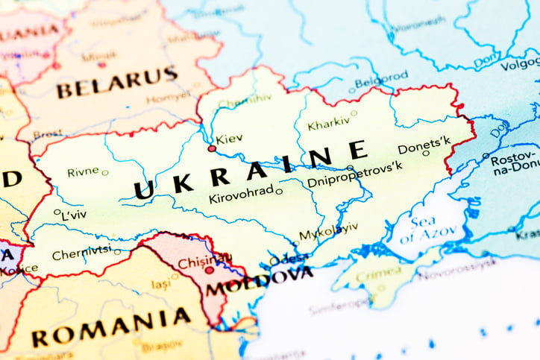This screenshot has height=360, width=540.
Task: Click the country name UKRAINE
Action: pos(251,171)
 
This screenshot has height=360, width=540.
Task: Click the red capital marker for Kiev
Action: pos(212,148)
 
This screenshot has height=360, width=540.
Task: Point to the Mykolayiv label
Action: pos(328,231)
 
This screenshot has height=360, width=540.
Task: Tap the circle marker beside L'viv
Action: pos(57,212)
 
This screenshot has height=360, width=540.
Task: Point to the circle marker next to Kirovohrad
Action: pos(279,192)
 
